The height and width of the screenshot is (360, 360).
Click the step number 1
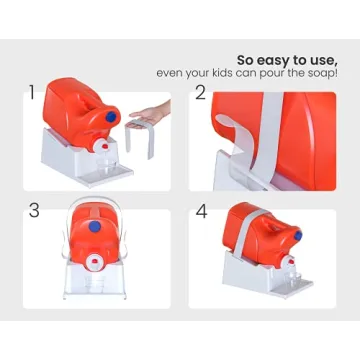(32, 92)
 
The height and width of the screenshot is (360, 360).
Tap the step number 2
(201, 92)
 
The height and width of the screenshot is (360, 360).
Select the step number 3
(34, 211)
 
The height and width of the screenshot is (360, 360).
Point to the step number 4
(201, 211)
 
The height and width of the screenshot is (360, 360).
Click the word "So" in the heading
(246, 58)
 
